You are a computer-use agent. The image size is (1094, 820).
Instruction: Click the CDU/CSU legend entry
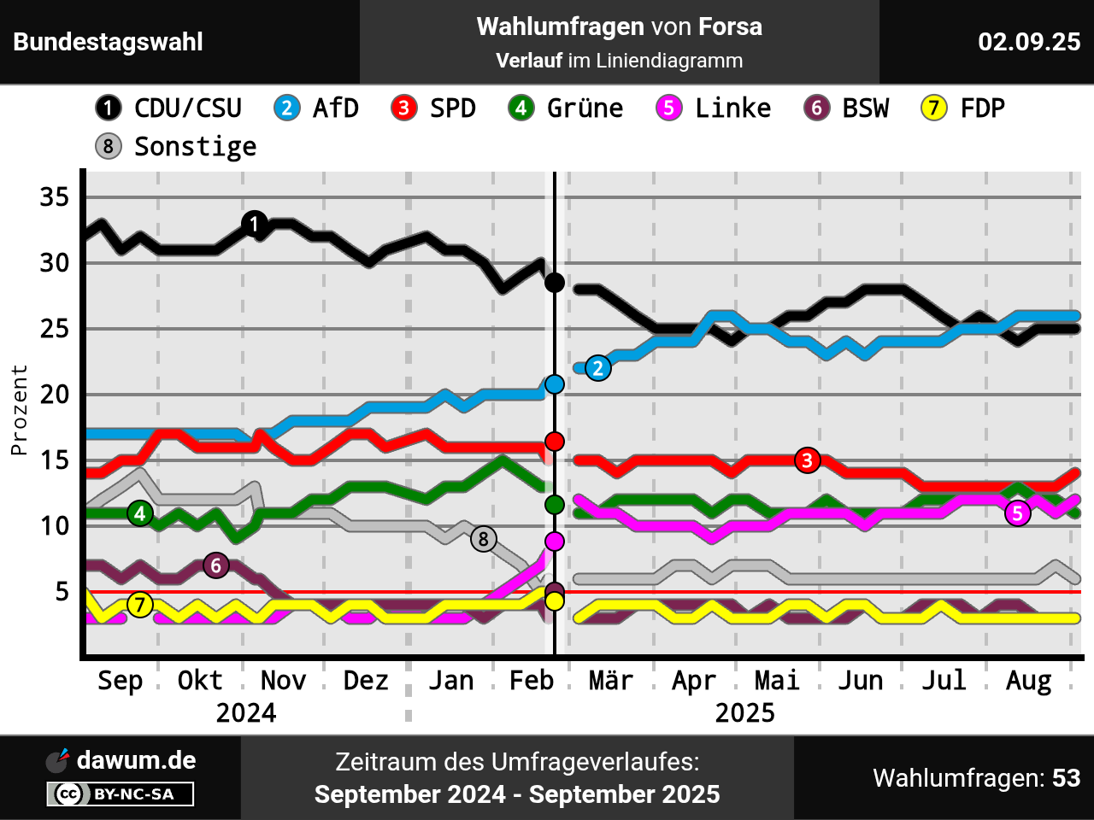click(x=169, y=108)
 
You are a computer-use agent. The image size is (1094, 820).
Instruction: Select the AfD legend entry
click(x=316, y=108)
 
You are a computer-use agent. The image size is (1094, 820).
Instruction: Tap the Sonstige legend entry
click(x=176, y=147)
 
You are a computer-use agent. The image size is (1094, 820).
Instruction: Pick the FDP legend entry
click(x=963, y=108)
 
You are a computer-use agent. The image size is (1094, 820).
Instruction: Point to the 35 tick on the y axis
click(x=54, y=197)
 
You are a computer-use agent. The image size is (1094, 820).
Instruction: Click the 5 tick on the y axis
click(x=62, y=591)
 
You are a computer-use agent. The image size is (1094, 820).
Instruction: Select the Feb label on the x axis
click(x=531, y=681)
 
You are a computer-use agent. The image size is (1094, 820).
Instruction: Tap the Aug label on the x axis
click(x=1028, y=681)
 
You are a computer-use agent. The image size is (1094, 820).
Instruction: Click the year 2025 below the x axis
click(x=744, y=713)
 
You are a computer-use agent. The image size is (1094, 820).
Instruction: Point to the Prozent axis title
click(x=19, y=410)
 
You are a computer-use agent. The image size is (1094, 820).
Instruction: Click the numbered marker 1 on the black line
click(x=254, y=224)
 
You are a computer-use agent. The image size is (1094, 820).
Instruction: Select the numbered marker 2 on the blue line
click(x=598, y=368)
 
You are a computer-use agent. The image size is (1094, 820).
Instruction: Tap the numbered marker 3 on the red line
click(x=807, y=460)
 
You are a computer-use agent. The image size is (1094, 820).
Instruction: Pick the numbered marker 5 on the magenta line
click(x=1017, y=513)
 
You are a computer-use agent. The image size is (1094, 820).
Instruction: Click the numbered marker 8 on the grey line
click(x=484, y=539)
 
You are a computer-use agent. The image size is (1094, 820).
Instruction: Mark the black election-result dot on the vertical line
click(x=555, y=282)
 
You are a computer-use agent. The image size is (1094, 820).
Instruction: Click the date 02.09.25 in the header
click(x=1029, y=42)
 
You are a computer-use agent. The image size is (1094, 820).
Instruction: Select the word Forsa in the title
click(x=730, y=26)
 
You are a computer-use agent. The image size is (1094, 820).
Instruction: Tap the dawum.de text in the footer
click(x=136, y=760)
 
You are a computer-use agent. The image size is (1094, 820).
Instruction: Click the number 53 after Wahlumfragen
click(x=1066, y=778)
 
